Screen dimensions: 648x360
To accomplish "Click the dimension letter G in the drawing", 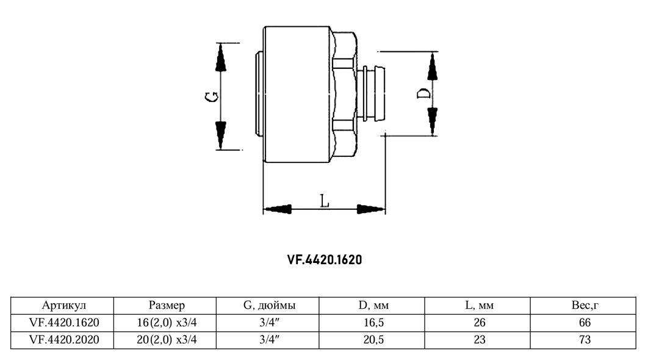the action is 212,97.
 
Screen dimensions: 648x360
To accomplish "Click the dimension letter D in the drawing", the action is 423,93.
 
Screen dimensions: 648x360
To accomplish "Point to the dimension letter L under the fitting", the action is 325,201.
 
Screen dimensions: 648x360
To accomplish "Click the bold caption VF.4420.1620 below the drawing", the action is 325,259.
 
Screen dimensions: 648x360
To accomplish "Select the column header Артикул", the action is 64,306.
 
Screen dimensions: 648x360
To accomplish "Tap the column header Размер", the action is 167,306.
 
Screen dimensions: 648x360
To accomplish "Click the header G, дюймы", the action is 270,306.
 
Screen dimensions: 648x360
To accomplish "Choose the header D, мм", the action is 373,306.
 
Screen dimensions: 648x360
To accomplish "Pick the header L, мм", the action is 480,306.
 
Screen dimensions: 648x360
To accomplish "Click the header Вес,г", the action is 585,306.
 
